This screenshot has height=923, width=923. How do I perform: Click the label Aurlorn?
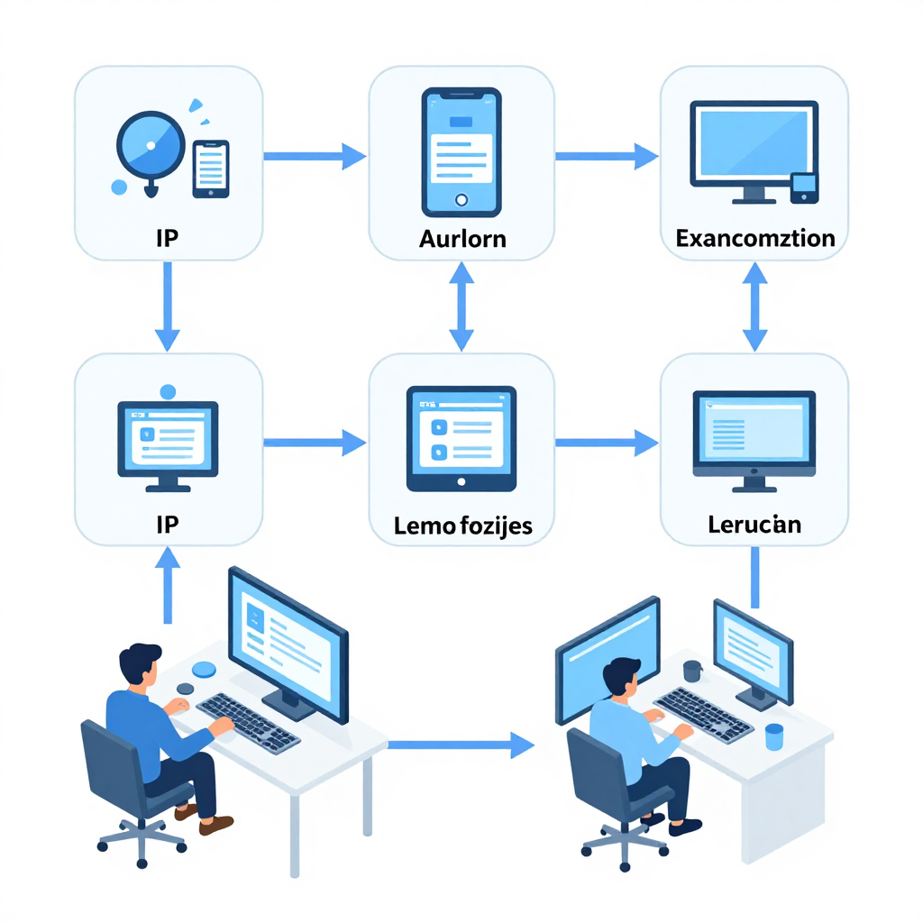tap(462, 239)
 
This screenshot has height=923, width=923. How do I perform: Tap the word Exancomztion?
tap(755, 238)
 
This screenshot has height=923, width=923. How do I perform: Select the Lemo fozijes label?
tap(462, 525)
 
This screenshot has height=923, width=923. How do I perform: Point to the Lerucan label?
tap(754, 525)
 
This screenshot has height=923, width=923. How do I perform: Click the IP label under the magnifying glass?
tap(167, 238)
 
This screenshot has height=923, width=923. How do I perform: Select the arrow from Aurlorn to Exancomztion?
tap(607, 157)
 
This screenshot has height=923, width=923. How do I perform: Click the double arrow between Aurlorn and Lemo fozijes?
tap(461, 306)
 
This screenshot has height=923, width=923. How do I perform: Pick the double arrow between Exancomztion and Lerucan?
tap(754, 306)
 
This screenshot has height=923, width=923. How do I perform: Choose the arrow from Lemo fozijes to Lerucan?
tap(607, 443)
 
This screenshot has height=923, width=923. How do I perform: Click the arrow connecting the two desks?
tap(461, 745)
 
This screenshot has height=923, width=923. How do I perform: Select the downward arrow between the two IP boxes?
tap(167, 306)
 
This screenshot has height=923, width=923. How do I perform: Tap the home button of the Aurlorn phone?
tap(461, 200)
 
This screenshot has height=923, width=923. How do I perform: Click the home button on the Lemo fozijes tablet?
tap(461, 482)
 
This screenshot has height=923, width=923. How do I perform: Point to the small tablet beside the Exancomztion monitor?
tap(804, 187)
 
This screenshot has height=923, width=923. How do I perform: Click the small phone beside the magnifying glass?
tap(211, 169)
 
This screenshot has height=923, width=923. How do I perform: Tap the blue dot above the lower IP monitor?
tap(168, 391)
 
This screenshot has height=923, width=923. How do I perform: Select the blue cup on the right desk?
tap(774, 737)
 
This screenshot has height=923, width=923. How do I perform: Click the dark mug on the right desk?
tap(692, 671)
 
